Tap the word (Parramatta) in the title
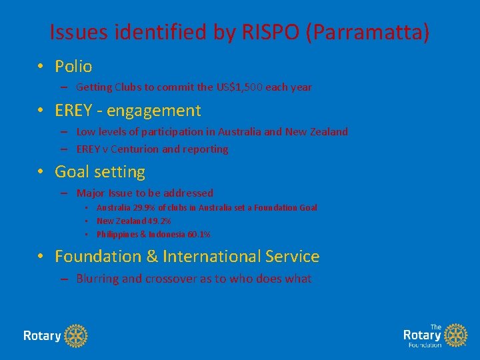(367, 32)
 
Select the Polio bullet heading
(73, 66)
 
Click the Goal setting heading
(99, 171)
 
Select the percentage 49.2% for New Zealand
(159, 221)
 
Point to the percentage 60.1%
(198, 235)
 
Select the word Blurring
(97, 279)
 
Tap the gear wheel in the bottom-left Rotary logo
(77, 335)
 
